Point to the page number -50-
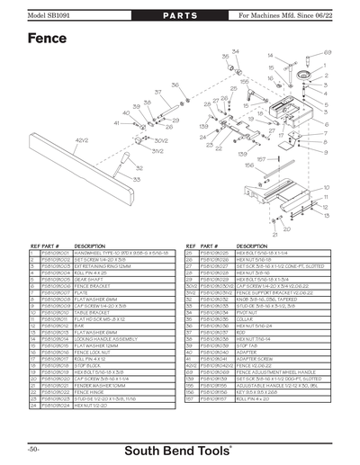[x=32, y=448]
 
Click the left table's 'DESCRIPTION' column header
[x=90, y=246]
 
